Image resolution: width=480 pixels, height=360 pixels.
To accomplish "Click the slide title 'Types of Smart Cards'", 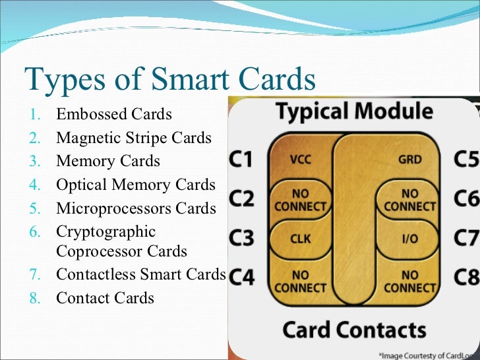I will [169, 80].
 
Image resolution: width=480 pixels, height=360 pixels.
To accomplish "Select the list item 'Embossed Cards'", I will [114, 115].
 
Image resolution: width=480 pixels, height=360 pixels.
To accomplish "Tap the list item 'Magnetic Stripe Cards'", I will [134, 138].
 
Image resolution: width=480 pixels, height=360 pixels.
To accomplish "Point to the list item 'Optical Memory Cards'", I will [136, 185].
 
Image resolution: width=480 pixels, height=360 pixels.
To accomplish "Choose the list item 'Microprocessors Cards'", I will [136, 208].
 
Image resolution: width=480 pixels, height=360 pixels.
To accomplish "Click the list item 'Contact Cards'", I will [105, 298].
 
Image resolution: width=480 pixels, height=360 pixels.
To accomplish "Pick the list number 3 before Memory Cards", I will [36, 162].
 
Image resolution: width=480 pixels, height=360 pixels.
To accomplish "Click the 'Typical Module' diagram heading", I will [354, 112].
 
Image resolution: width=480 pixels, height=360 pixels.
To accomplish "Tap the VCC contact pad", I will [300, 160].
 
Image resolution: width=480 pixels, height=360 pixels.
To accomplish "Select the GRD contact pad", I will [409, 160].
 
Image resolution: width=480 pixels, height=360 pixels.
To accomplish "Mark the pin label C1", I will [241, 160].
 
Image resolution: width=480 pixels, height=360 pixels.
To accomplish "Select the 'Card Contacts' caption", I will [354, 330].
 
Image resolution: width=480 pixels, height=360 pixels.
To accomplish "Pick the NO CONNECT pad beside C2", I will [300, 200].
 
